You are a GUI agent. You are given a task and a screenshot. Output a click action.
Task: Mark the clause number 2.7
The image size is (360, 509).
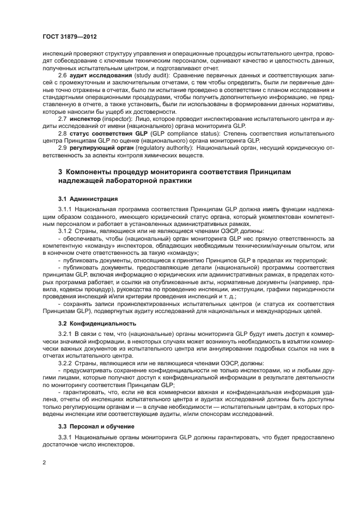63,118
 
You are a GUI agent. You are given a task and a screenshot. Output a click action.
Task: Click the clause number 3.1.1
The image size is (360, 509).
65,209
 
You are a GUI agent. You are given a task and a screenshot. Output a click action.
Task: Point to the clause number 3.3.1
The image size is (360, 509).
65,437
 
